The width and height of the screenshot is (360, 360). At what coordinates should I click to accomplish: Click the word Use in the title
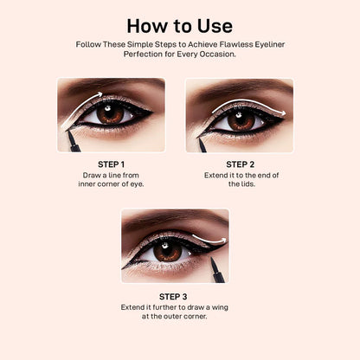[x=215, y=26]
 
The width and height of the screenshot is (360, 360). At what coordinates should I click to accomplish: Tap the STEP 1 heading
[x=111, y=164]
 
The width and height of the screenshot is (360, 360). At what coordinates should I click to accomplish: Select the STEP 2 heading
[x=241, y=164]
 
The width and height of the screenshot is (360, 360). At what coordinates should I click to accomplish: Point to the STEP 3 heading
[x=173, y=297]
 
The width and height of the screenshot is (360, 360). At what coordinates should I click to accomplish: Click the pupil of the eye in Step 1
[x=111, y=113]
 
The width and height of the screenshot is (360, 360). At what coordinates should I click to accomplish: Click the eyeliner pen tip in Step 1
[x=67, y=132]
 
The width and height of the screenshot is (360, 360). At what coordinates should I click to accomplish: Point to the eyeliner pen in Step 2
[x=202, y=145]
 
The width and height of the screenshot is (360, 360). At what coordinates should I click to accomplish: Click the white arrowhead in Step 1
[x=100, y=93]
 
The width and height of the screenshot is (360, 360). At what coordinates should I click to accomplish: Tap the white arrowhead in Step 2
[x=283, y=113]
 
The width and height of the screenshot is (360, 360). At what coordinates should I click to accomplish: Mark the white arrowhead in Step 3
[x=223, y=240]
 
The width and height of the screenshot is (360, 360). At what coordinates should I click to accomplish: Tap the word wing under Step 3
[x=220, y=307]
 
